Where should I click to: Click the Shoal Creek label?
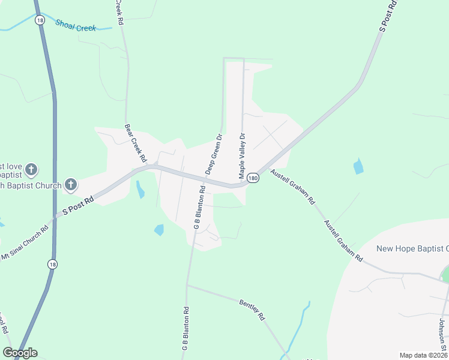point(76,25)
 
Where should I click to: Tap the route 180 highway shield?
point(253,178)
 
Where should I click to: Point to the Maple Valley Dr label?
point(243,156)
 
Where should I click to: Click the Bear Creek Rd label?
point(136,143)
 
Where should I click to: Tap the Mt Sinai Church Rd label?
point(24,244)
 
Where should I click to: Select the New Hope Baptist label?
point(412,248)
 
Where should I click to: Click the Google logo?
point(20,352)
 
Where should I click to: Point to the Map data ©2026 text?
point(424,355)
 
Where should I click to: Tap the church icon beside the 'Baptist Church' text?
point(71,185)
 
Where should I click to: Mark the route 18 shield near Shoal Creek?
point(40,20)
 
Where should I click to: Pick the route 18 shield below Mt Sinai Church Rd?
point(52,263)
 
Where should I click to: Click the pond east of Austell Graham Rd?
point(358,166)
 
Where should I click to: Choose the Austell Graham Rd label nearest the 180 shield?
point(293,187)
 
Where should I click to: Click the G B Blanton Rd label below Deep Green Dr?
point(199,208)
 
